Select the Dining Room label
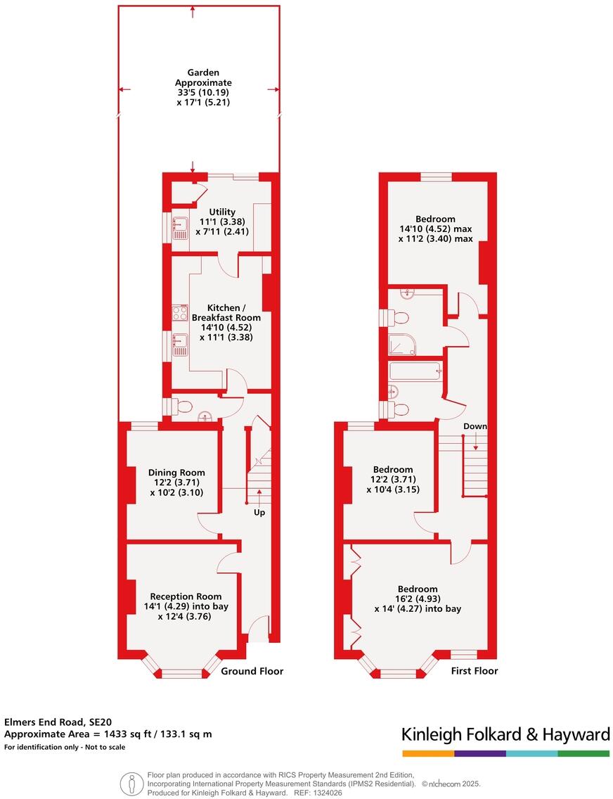click(176, 473)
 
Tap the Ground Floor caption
click(252, 671)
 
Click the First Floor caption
click(474, 671)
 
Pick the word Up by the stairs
click(260, 513)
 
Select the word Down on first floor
click(475, 426)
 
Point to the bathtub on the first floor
click(415, 370)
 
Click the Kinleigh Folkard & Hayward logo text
click(505, 735)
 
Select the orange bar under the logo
click(427, 753)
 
